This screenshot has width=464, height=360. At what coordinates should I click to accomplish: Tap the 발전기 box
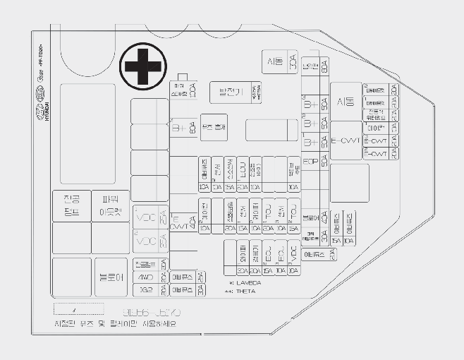[x=230, y=92]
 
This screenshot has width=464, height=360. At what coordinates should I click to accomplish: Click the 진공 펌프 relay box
[x=71, y=206]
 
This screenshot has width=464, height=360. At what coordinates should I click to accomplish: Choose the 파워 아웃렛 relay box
[x=110, y=206]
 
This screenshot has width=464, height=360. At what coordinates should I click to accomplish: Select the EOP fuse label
[x=311, y=161]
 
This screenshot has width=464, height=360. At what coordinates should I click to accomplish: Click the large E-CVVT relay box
[x=346, y=140]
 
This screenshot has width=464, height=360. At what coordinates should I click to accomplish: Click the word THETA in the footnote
[x=246, y=291]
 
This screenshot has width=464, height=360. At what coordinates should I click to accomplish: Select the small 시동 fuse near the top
[x=275, y=61]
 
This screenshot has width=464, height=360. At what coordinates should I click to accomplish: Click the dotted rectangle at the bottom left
[x=79, y=309]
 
